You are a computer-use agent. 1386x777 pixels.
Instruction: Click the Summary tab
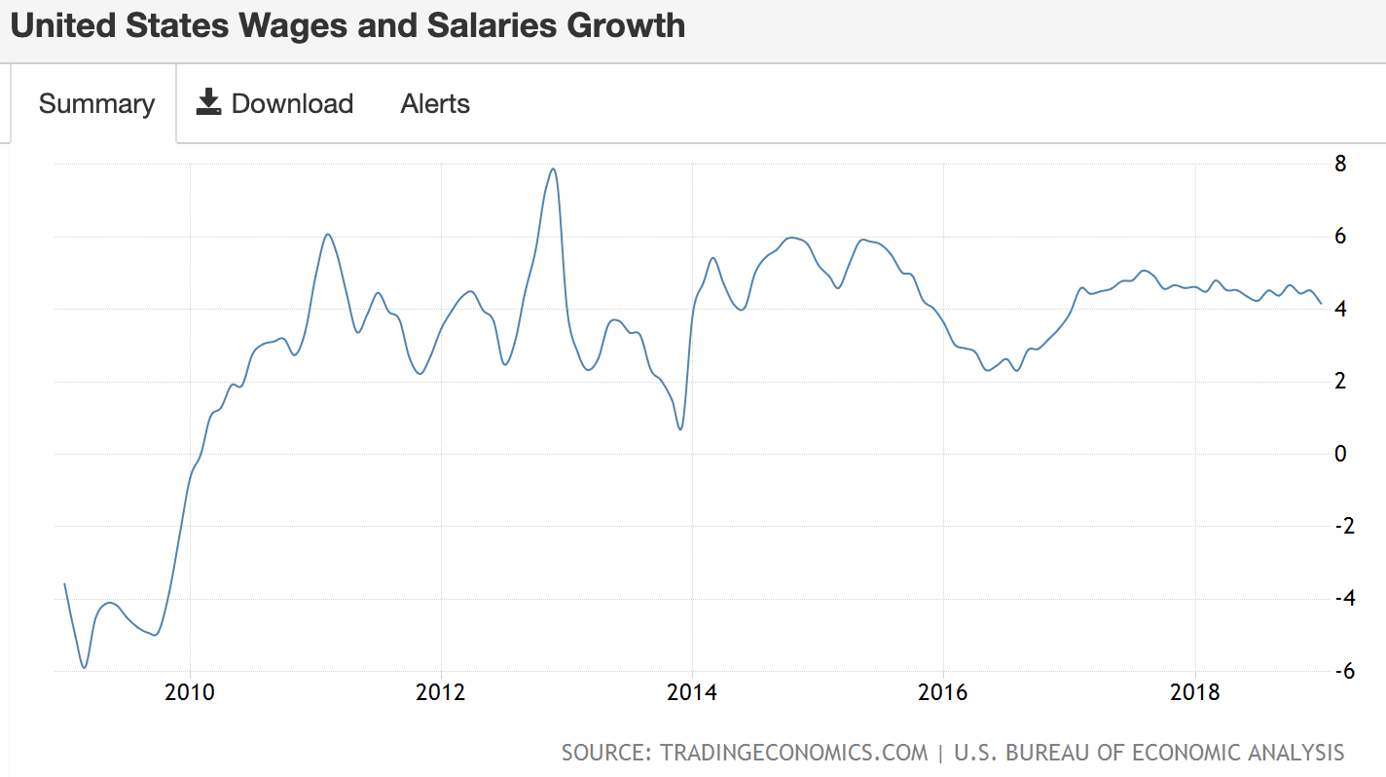pyautogui.click(x=96, y=104)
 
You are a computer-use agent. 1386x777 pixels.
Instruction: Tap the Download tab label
pyautogui.click(x=292, y=104)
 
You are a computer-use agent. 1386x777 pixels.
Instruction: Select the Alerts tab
pyautogui.click(x=435, y=104)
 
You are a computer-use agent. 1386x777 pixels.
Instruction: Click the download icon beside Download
pyautogui.click(x=208, y=102)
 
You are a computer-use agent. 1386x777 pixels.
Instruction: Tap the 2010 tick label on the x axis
pyautogui.click(x=191, y=693)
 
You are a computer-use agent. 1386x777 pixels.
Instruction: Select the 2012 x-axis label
pyautogui.click(x=441, y=693)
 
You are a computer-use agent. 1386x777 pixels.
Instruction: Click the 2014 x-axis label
pyautogui.click(x=692, y=693)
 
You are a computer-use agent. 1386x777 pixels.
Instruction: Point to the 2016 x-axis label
pyautogui.click(x=942, y=693)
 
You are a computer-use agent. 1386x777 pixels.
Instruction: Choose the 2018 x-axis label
pyautogui.click(x=1194, y=693)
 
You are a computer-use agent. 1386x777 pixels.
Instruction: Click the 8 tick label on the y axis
pyautogui.click(x=1340, y=164)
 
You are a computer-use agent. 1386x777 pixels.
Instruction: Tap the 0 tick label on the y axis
pyautogui.click(x=1340, y=454)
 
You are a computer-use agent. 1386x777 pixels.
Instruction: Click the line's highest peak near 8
pyautogui.click(x=553, y=169)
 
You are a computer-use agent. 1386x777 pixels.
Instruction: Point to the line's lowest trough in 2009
pyautogui.click(x=85, y=667)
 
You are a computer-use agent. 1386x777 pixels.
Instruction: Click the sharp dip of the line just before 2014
pyautogui.click(x=680, y=428)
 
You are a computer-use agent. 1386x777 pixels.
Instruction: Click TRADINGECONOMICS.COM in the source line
pyautogui.click(x=793, y=753)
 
